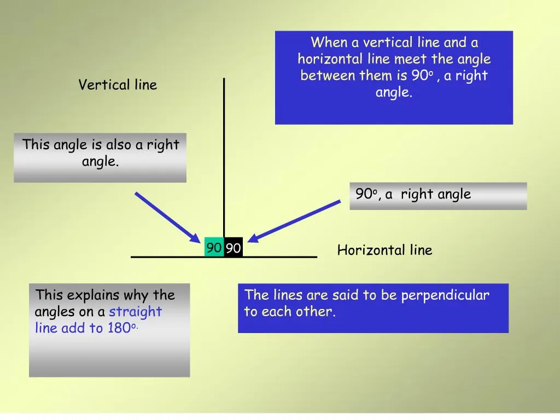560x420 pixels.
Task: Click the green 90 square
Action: [214, 248]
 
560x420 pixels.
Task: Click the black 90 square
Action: [234, 248]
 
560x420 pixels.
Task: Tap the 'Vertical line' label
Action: [118, 85]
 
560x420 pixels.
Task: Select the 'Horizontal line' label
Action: [384, 250]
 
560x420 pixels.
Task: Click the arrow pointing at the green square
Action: [167, 217]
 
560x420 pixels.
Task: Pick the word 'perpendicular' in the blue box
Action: [445, 295]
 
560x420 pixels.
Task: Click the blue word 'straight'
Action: [136, 312]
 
